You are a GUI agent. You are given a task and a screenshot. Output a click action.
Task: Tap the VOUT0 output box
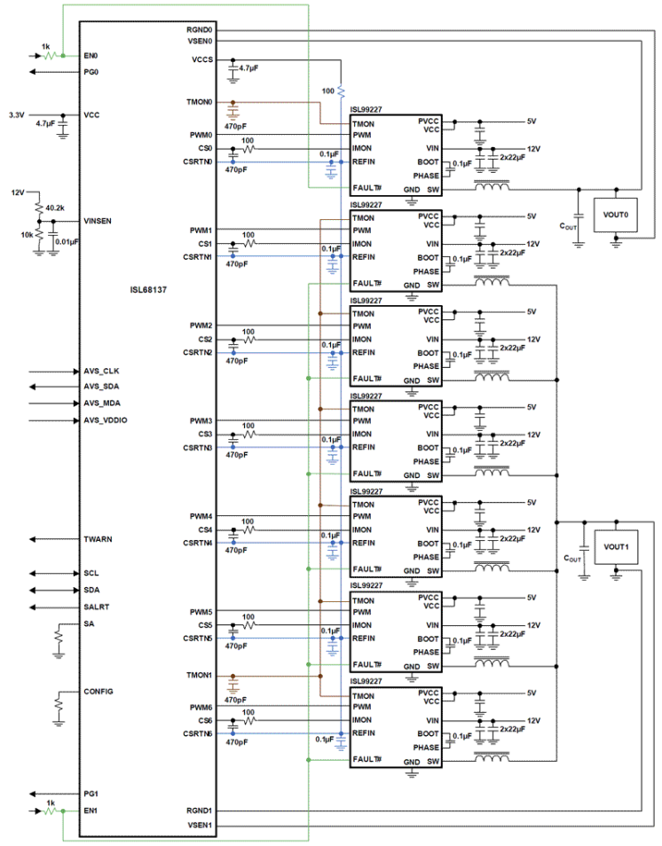pyautogui.click(x=616, y=214)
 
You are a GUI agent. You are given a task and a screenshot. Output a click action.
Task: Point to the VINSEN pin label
pyautogui.click(x=97, y=222)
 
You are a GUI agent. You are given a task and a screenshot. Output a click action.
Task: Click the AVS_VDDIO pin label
pyautogui.click(x=106, y=419)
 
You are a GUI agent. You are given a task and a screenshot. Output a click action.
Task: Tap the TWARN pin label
pyautogui.click(x=98, y=539)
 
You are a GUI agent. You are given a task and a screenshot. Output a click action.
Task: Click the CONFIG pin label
pyautogui.click(x=98, y=691)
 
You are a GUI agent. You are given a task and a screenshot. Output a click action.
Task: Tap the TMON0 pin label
pyautogui.click(x=200, y=102)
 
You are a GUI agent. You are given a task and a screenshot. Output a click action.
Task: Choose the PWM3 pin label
pyautogui.click(x=201, y=420)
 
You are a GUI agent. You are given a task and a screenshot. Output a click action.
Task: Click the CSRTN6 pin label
pyautogui.click(x=198, y=733)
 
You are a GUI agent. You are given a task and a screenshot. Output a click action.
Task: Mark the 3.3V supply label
pyautogui.click(x=17, y=115)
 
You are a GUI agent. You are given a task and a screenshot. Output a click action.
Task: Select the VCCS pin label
pyautogui.click(x=201, y=60)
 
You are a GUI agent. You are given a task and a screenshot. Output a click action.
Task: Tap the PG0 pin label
pyautogui.click(x=90, y=71)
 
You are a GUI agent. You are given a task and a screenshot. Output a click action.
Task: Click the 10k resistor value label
pyautogui.click(x=29, y=235)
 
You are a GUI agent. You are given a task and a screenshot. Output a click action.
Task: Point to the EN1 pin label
pyautogui.click(x=90, y=811)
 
